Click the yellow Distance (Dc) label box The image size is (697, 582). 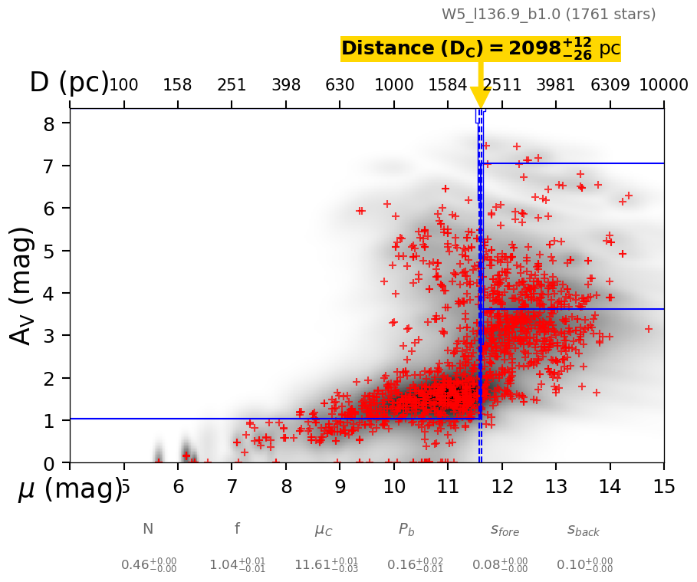[480, 49]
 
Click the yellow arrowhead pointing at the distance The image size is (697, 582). [481, 97]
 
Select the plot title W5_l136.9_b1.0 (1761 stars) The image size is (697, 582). [548, 15]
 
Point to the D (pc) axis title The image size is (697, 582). [69, 83]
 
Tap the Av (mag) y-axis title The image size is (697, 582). [23, 285]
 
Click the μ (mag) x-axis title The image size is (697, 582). [69, 488]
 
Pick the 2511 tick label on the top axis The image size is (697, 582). [502, 85]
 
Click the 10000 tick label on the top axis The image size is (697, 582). [663, 85]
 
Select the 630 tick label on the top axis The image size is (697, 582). [340, 85]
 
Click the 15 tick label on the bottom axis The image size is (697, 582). [663, 488]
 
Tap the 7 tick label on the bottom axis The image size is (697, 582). [232, 488]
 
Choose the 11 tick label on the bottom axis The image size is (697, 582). [448, 488]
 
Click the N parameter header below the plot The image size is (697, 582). [148, 529]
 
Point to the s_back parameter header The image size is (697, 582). [584, 530]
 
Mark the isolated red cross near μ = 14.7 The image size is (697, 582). [648, 329]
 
